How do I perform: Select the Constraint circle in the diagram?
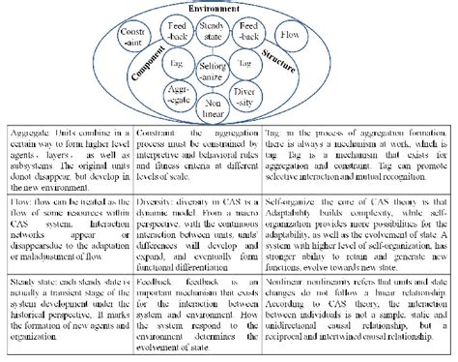[132, 40]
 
